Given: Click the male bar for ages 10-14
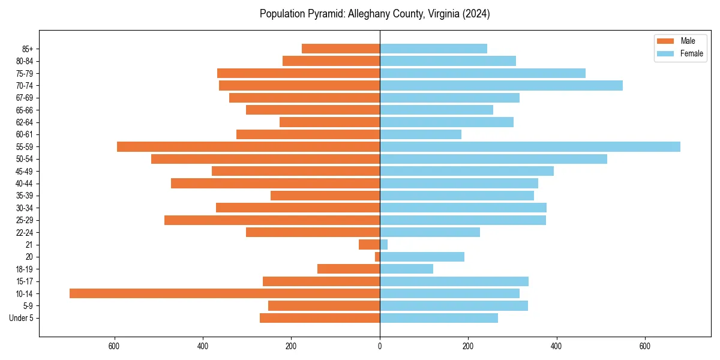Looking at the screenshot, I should (x=224, y=293).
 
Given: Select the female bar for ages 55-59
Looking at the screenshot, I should (x=530, y=147).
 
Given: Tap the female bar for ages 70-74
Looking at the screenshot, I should (x=501, y=85).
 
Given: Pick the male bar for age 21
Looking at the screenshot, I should (x=369, y=245).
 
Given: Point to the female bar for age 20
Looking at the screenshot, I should (x=422, y=257).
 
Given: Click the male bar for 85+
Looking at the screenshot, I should (x=341, y=49).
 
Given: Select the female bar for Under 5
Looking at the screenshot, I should (x=439, y=318).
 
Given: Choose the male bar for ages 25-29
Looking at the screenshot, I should (x=272, y=220).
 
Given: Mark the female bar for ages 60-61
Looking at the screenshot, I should (x=421, y=134).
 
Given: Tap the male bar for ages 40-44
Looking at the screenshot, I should (x=275, y=184).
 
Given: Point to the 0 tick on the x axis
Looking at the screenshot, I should (x=380, y=346).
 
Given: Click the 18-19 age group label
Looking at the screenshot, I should (x=24, y=269).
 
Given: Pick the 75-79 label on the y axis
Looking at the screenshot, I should (x=24, y=73).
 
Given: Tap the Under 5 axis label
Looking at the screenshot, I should (x=22, y=318).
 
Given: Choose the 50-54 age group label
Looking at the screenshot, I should (x=24, y=159).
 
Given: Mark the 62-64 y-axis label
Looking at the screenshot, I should (x=24, y=122).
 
